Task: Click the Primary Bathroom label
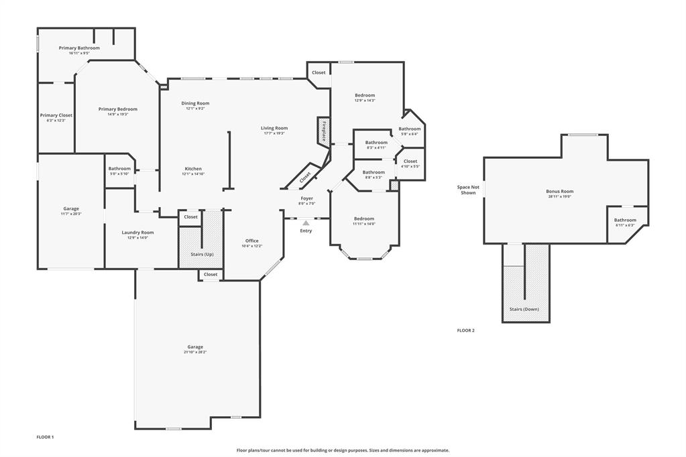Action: pyautogui.click(x=79, y=48)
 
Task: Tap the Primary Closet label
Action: pyautogui.click(x=56, y=115)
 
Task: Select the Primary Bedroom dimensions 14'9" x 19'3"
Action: pyautogui.click(x=117, y=115)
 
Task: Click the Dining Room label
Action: pyautogui.click(x=195, y=103)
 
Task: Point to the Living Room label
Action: pyautogui.click(x=274, y=128)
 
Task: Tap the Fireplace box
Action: pyautogui.click(x=323, y=130)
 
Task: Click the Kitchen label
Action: pyautogui.click(x=192, y=169)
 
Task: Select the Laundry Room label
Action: pyautogui.click(x=137, y=233)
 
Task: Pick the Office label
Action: pyautogui.click(x=251, y=241)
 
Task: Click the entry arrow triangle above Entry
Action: pyautogui.click(x=306, y=223)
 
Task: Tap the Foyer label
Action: pyautogui.click(x=306, y=198)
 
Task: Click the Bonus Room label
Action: pyautogui.click(x=559, y=192)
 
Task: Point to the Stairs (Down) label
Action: pyautogui.click(x=524, y=309)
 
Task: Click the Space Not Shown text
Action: pyautogui.click(x=468, y=190)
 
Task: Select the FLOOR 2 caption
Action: pyautogui.click(x=465, y=330)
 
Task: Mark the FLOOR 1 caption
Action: pyautogui.click(x=45, y=437)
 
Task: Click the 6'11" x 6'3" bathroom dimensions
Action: pyautogui.click(x=625, y=225)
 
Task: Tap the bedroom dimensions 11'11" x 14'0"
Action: pyautogui.click(x=364, y=224)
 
